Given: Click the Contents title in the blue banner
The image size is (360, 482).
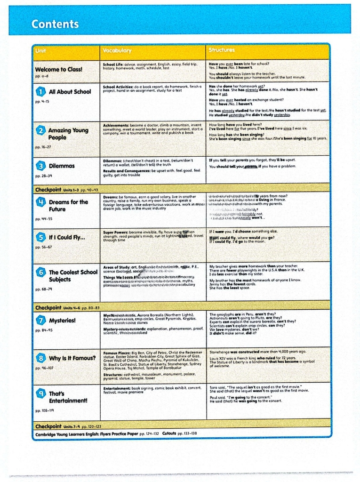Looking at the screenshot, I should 55,24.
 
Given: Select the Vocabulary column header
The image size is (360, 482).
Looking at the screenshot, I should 117,50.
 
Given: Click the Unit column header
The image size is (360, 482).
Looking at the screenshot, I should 41,50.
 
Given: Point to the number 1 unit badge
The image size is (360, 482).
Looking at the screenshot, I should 40,91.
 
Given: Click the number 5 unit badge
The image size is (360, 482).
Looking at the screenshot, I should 40,237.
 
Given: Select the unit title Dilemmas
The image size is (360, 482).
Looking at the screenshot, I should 62,166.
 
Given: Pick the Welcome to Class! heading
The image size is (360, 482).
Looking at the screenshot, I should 58,69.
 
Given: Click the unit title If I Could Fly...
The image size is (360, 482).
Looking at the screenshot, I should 66,237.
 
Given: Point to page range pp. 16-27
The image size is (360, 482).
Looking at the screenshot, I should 43,147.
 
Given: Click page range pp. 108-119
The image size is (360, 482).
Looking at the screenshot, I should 45,410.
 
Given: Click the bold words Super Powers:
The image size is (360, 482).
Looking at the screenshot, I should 115,232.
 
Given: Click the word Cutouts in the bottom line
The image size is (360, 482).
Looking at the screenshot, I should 171,433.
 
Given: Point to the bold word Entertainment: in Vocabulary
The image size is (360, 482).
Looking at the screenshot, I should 119,388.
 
